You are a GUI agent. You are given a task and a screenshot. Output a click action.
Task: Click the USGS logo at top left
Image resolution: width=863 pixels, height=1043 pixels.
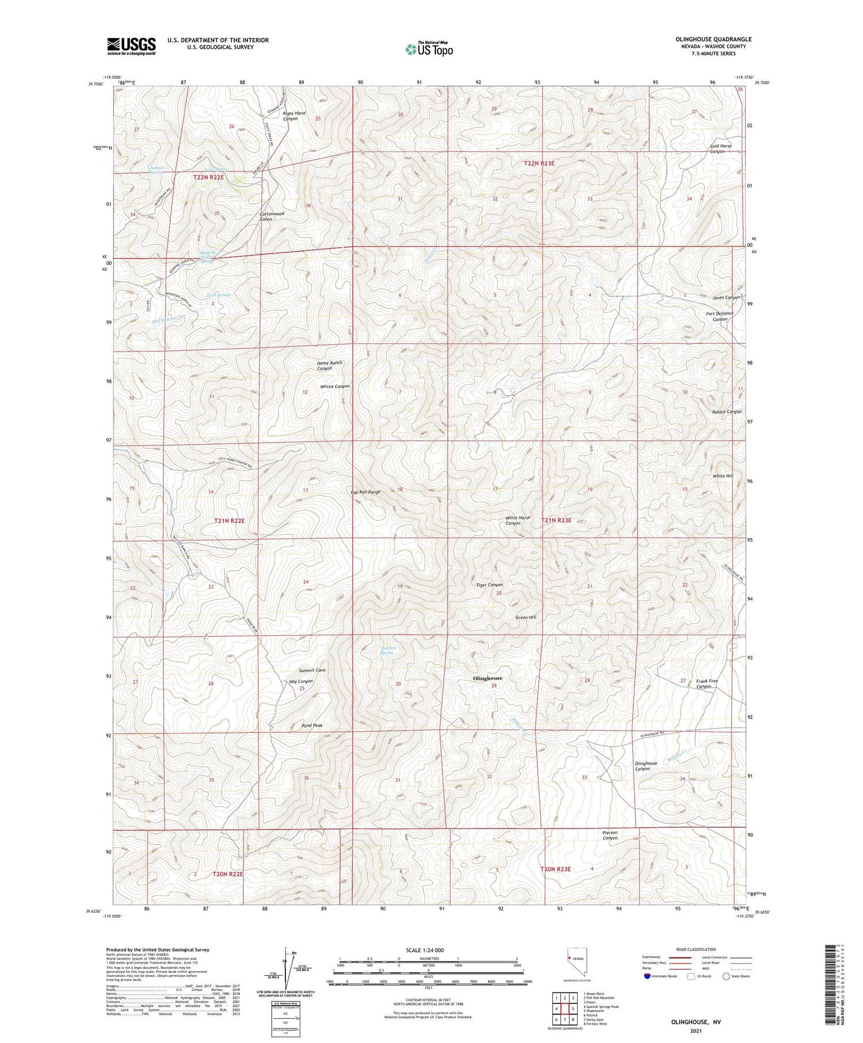click(x=131, y=46)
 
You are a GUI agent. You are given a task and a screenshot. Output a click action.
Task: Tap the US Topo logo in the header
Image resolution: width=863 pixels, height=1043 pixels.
click(x=429, y=49)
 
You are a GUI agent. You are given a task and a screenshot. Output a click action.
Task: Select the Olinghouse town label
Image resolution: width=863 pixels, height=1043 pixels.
click(x=487, y=678)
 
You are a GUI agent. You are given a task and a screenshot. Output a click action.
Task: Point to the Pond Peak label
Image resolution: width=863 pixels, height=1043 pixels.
click(x=312, y=725)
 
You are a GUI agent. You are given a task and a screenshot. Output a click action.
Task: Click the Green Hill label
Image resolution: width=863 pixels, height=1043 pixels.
click(x=525, y=617)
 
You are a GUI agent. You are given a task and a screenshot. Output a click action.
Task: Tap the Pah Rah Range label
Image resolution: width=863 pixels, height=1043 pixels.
click(x=365, y=492)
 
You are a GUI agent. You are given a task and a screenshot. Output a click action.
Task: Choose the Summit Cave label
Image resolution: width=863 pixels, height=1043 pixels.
click(x=312, y=670)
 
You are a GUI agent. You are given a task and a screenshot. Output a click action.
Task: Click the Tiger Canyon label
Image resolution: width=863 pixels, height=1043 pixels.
click(x=489, y=585)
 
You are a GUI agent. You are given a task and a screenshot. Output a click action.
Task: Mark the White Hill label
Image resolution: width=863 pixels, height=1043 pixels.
click(x=723, y=476)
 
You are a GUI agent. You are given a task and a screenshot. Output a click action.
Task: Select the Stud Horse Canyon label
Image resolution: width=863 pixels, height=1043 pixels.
click(x=720, y=148)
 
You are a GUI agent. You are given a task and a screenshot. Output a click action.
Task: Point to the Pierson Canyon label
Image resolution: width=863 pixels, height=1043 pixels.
click(x=610, y=835)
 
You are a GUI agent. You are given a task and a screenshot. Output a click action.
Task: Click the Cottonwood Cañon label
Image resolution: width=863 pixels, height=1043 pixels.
click(x=272, y=216)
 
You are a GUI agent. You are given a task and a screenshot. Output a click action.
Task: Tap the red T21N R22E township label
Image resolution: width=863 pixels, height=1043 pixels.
click(x=229, y=521)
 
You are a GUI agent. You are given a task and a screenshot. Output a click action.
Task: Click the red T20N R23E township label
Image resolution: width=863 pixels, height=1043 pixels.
click(x=555, y=869)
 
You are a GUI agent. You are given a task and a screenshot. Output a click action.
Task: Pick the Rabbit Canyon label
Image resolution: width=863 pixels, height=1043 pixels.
click(x=727, y=412)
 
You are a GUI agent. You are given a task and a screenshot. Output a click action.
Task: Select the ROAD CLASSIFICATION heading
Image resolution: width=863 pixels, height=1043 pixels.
click(x=696, y=949)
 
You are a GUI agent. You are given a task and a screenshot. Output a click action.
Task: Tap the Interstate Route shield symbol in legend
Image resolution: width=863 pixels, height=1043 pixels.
click(x=647, y=976)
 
